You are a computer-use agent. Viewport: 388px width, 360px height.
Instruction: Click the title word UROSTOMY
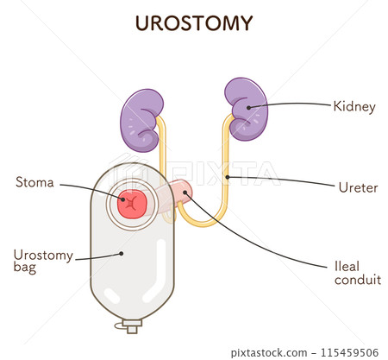tap(193, 23)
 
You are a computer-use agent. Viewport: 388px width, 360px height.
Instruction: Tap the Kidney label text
tap(354, 107)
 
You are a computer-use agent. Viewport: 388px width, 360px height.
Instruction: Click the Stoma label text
tap(35, 182)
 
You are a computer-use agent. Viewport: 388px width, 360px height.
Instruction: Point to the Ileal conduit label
tap(357, 273)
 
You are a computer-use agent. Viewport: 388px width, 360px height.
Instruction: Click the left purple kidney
tap(141, 119)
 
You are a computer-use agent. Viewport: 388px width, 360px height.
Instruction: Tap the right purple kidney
tap(247, 107)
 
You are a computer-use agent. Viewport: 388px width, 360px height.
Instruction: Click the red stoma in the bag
tap(133, 205)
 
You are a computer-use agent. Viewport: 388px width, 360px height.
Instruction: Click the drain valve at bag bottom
tap(132, 325)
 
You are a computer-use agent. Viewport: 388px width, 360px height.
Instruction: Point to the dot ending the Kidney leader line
tap(250, 108)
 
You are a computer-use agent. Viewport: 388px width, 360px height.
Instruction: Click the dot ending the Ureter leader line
tap(227, 178)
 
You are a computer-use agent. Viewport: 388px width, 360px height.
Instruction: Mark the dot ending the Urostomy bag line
tap(122, 254)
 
